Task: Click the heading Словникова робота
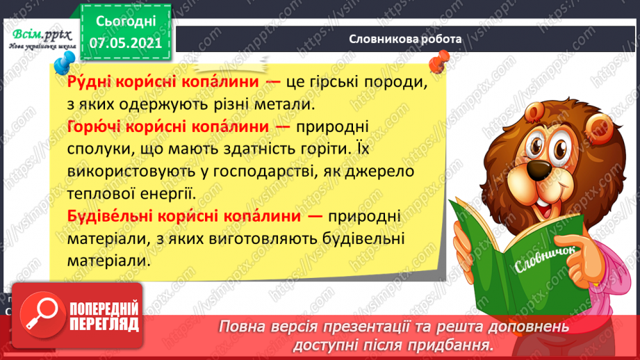pyautogui.click(x=405, y=39)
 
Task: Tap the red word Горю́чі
pyautogui.click(x=95, y=127)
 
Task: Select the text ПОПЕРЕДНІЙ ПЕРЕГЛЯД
pyautogui.click(x=104, y=316)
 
